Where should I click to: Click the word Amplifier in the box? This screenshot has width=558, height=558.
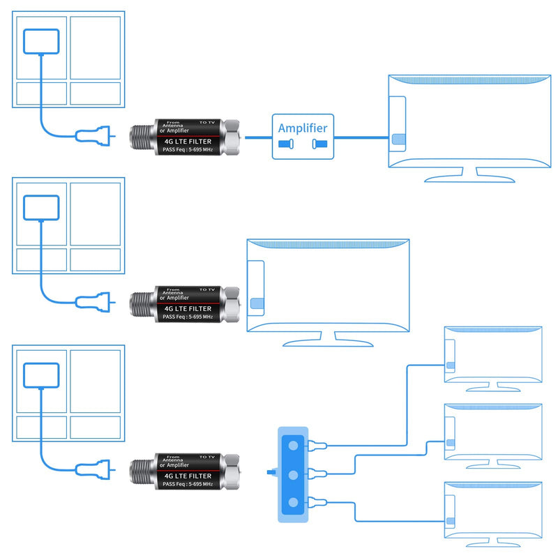tap(303, 128)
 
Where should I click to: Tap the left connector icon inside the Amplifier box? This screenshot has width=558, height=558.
tap(286, 144)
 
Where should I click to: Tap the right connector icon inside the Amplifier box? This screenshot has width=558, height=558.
tap(319, 144)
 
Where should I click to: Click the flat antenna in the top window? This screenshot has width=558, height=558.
tap(41, 42)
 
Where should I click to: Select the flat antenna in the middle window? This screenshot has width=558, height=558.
tap(41, 208)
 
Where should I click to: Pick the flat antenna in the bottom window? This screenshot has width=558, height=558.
tap(41, 375)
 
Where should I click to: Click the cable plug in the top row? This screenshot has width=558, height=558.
tap(95, 135)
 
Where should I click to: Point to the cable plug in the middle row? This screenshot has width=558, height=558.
tap(95, 302)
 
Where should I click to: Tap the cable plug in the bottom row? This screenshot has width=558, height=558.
tap(95, 469)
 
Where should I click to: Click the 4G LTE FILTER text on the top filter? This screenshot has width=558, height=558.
tap(188, 142)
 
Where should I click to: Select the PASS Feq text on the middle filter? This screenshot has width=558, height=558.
tap(188, 317)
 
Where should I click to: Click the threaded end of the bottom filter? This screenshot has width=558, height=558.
tap(143, 472)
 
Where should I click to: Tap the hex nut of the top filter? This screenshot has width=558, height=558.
tap(232, 137)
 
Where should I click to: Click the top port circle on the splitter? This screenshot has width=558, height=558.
tap(293, 445)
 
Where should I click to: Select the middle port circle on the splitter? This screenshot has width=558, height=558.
tap(293, 475)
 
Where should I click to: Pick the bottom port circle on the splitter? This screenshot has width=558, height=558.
tap(293, 502)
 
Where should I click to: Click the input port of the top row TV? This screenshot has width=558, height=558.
tap(398, 139)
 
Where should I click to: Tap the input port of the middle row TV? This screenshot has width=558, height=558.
tap(257, 303)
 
